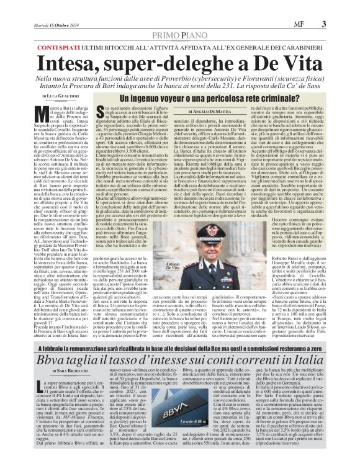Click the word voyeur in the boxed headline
[172, 99]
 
